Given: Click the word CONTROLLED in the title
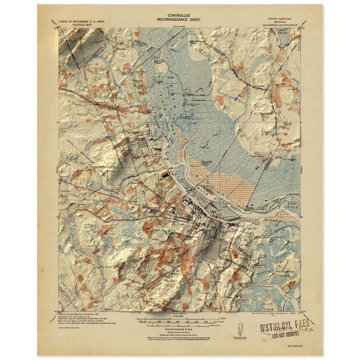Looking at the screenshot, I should point(179,15).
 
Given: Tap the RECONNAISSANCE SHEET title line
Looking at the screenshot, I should point(179,20).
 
